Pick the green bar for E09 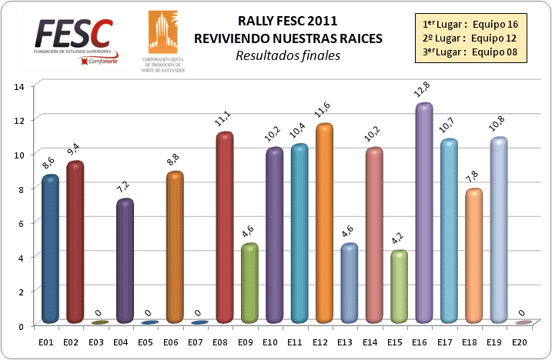coord(249,285)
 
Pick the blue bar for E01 coord(50,251)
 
